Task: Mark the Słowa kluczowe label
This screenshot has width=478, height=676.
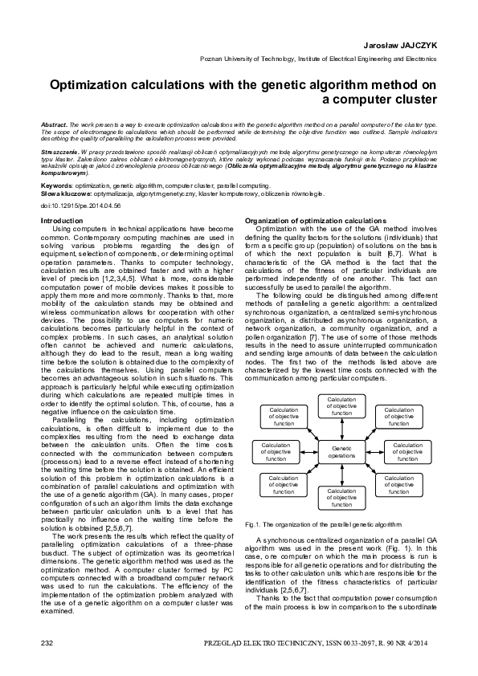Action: click(63, 194)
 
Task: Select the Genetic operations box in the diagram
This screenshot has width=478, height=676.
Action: click(341, 451)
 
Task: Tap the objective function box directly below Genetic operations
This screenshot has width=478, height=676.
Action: click(341, 500)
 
